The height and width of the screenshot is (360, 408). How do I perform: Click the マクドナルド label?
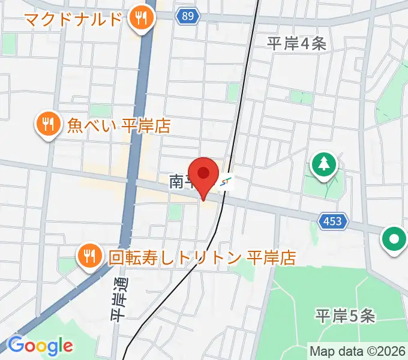tap(73, 19)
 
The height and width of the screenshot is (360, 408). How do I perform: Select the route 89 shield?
tap(188, 17)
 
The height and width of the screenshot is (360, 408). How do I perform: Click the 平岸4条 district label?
tap(296, 43)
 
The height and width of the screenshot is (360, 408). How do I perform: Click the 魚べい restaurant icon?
tap(47, 125)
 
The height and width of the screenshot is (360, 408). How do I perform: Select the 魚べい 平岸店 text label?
tap(119, 126)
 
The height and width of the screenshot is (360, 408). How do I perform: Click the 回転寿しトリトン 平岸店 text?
tap(202, 258)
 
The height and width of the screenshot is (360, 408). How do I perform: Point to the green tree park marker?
tap(324, 164)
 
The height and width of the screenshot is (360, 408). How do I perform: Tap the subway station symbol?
tap(226, 181)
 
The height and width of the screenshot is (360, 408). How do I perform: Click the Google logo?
tap(40, 346)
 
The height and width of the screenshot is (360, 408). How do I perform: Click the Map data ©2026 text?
tap(356, 350)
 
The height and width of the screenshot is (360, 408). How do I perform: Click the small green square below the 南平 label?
tap(175, 211)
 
